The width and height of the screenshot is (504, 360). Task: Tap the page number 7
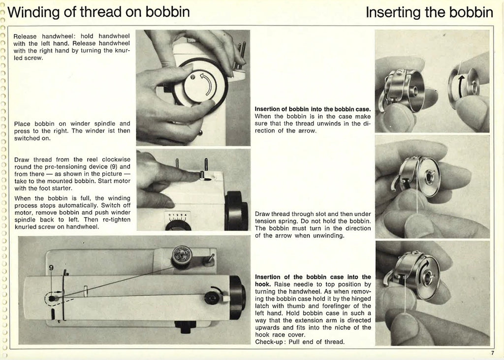point(492,352)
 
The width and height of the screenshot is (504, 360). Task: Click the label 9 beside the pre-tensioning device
point(51,268)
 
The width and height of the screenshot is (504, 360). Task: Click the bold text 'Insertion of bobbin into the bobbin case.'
point(313,109)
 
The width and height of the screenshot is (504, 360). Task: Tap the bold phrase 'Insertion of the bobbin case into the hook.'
point(313,280)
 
